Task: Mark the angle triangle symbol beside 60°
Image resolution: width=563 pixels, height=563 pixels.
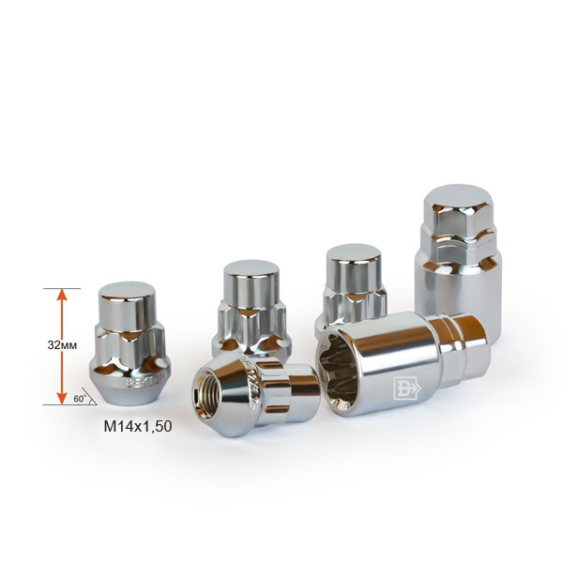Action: (87, 398)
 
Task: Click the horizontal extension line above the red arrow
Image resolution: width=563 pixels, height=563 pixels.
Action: (62, 288)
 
